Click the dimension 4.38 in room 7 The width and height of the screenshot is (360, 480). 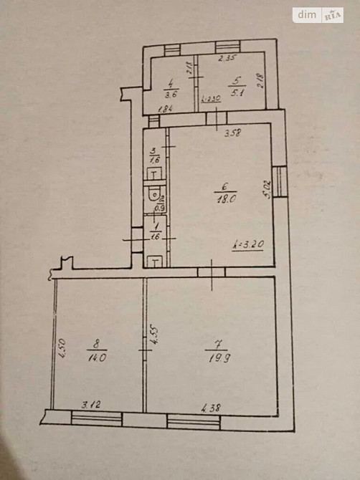[x=211, y=409]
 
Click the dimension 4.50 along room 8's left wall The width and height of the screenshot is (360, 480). [x=62, y=348]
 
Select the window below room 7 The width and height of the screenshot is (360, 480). [x=193, y=421]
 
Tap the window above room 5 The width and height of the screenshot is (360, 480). [x=226, y=48]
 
